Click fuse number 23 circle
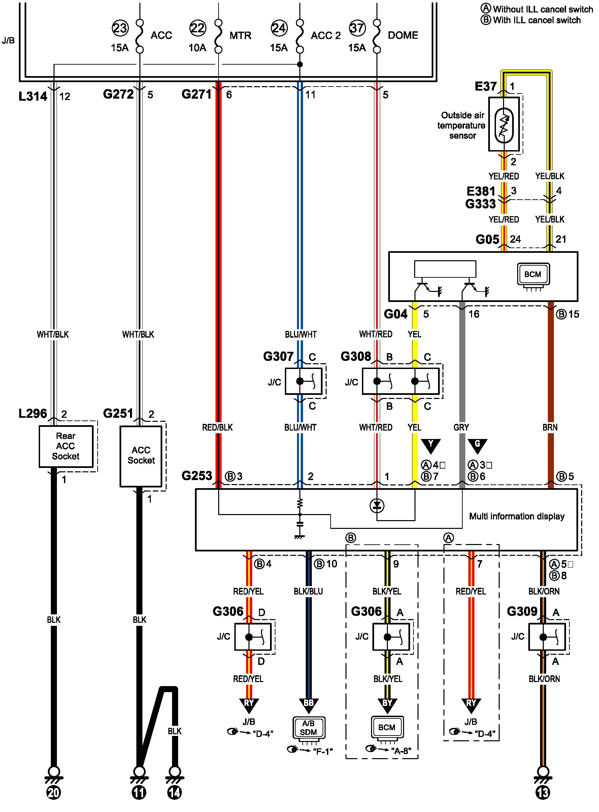click(x=120, y=28)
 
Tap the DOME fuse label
click(x=403, y=35)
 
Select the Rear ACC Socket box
click(x=66, y=446)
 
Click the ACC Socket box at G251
click(x=141, y=456)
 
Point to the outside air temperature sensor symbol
click(x=504, y=124)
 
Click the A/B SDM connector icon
click(x=308, y=728)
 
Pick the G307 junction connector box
click(x=303, y=381)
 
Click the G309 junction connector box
click(x=546, y=637)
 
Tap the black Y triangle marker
click(x=431, y=445)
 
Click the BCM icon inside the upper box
click(x=533, y=274)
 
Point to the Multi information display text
click(x=517, y=516)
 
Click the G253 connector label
click(x=197, y=475)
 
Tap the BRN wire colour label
click(x=550, y=428)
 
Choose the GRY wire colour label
click(x=461, y=428)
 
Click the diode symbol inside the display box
click(x=377, y=505)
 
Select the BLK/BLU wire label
click(x=308, y=591)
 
